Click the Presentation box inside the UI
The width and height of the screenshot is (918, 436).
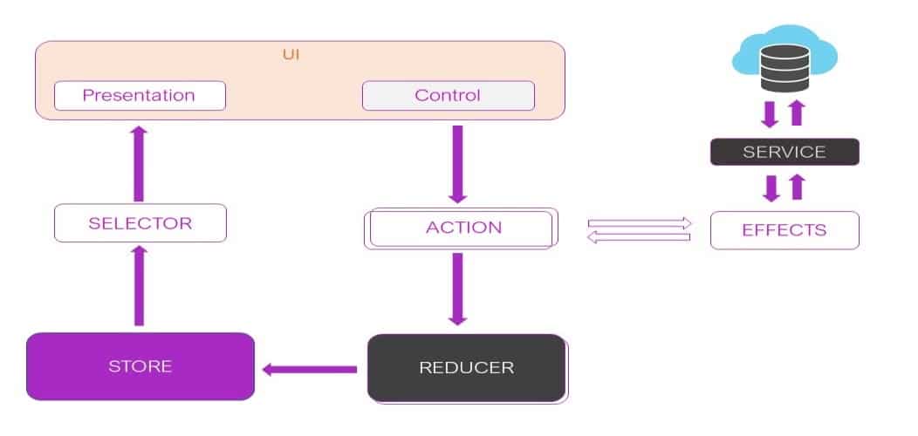[x=140, y=95]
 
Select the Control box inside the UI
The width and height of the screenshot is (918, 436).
[x=448, y=95]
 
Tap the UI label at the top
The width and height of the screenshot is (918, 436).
[x=291, y=54]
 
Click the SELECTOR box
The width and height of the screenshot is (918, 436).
[x=140, y=223]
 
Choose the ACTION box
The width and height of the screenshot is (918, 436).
[x=462, y=228]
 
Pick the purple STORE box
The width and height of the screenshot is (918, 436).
[x=140, y=366]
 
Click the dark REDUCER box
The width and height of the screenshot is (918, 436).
[x=466, y=367]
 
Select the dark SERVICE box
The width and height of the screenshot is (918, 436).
[x=784, y=152]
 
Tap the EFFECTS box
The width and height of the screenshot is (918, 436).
[x=784, y=230]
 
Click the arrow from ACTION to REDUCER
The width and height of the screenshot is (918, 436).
[x=458, y=289]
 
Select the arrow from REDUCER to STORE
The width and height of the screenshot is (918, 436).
[x=310, y=370]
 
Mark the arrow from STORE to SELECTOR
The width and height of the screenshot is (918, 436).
[x=139, y=284]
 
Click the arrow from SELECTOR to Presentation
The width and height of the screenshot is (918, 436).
[x=139, y=164]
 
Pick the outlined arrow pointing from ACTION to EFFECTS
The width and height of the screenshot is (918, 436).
[x=640, y=223]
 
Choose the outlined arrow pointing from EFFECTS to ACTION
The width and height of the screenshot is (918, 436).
[x=640, y=238]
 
